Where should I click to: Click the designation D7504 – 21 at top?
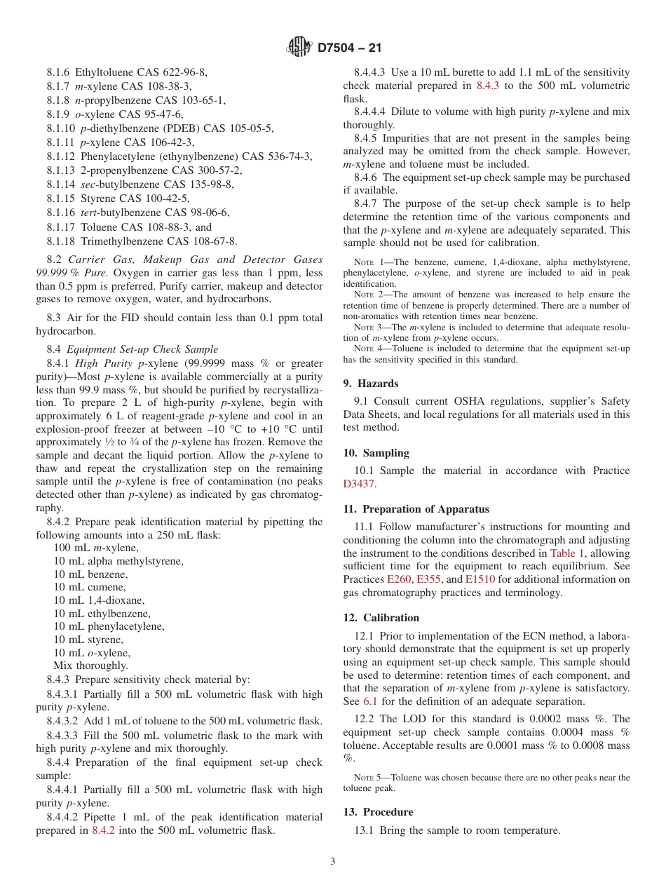349,48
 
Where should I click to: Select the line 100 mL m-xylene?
96,548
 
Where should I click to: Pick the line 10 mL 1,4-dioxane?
99,600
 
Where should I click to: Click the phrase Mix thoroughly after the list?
90,665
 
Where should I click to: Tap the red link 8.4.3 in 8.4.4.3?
487,86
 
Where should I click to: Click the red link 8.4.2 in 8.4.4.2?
103,830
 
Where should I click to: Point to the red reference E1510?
480,579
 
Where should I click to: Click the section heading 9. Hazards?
371,384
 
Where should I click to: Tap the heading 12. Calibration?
381,618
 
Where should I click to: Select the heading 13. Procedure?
378,812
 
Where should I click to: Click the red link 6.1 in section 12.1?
370,701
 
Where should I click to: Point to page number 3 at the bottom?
333,862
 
